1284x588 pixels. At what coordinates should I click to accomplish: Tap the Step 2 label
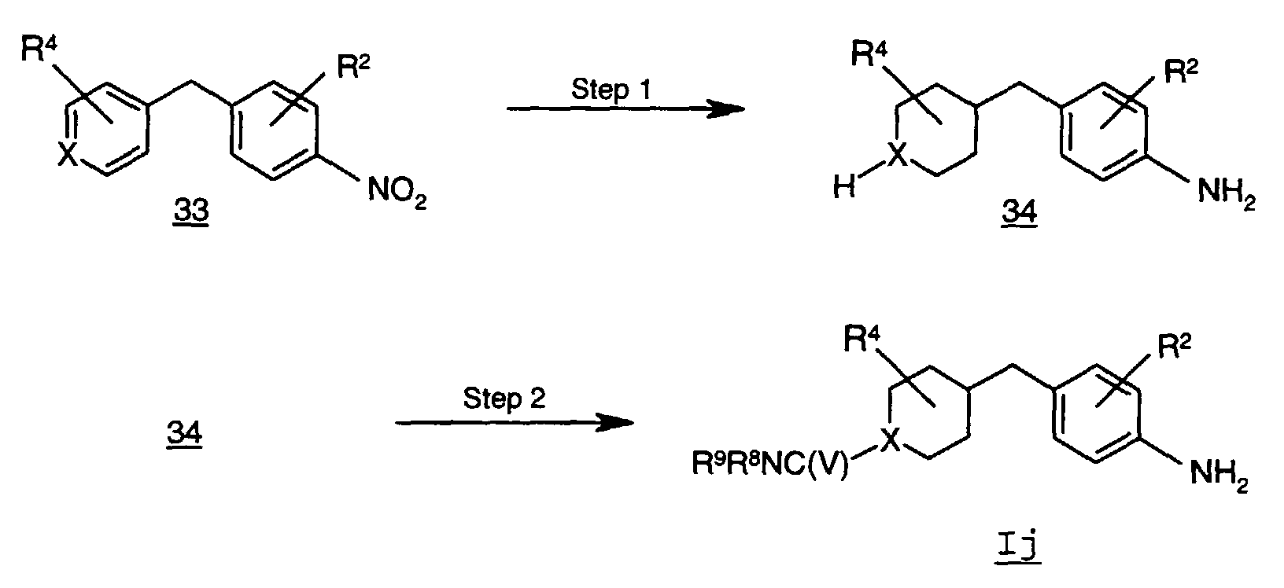pos(504,399)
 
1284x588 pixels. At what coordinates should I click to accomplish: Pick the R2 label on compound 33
pos(352,68)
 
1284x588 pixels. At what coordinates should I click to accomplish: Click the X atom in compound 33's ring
pos(68,158)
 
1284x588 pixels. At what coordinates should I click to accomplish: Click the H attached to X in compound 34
pos(843,189)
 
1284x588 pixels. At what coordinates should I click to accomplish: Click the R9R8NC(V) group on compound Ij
pos(770,466)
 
